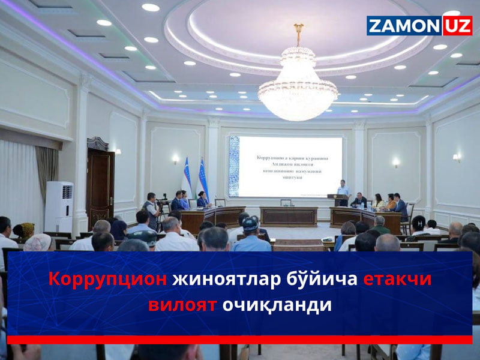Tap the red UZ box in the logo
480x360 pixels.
click(x=458, y=26)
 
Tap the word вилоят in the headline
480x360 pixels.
click(x=182, y=304)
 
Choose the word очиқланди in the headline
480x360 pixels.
click(x=277, y=304)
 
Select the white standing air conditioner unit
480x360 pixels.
click(x=59, y=207)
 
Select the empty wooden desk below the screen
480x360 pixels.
click(x=289, y=216)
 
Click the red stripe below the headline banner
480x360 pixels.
click(x=240, y=340)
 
